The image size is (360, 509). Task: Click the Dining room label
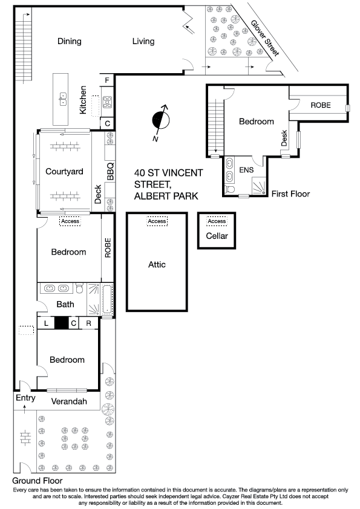pyautogui.click(x=70, y=41)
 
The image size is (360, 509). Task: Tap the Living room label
pyautogui.click(x=143, y=41)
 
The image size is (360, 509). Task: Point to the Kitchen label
pyautogui.click(x=83, y=99)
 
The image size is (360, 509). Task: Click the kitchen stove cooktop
pyautogui.click(x=107, y=102)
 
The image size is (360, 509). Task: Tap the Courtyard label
pyautogui.click(x=64, y=172)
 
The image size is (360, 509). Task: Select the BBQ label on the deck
pyautogui.click(x=110, y=171)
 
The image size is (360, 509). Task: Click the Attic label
pyautogui.click(x=157, y=264)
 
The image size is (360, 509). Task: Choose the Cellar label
pyautogui.click(x=217, y=236)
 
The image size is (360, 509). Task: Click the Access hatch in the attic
pyautogui.click(x=157, y=222)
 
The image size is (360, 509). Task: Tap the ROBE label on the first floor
pyautogui.click(x=321, y=105)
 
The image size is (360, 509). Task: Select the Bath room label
pyautogui.click(x=65, y=304)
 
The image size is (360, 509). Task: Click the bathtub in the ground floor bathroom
pyautogui.click(x=107, y=300)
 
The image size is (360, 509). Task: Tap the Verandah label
pyautogui.click(x=69, y=401)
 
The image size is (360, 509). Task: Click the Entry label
pyautogui.click(x=25, y=398)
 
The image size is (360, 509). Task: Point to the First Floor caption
pyautogui.click(x=290, y=194)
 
